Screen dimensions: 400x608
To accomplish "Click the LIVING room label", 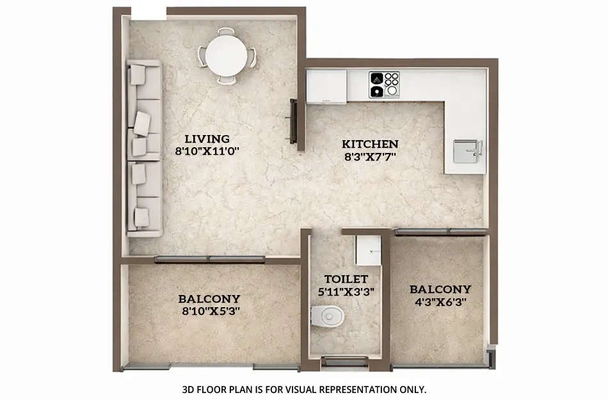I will click(207, 138).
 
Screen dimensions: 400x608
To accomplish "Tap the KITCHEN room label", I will click(370, 144).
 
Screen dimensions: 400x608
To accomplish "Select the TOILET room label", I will click(346, 279).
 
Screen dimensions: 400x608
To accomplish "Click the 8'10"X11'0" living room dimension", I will click(207, 152).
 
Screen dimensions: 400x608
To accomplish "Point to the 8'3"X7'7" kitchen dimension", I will click(370, 157).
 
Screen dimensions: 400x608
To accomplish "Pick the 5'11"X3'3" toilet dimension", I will click(346, 291).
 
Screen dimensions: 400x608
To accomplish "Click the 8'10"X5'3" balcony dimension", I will click(209, 312).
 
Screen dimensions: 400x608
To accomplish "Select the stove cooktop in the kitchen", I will click(383, 84).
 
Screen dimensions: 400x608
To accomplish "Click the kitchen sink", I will click(467, 151).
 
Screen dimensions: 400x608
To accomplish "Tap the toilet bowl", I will click(327, 315).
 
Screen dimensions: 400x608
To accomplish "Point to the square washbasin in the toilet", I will click(368, 250).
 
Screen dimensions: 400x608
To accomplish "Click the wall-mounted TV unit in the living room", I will click(293, 121).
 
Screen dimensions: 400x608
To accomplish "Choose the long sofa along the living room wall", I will click(144, 148).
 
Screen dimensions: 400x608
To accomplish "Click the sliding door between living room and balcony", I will click(209, 259).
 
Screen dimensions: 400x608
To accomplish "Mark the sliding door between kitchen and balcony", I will click(440, 231).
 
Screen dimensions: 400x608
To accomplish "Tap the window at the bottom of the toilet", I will click(346, 362).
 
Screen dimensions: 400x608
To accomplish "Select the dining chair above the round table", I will click(226, 31).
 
